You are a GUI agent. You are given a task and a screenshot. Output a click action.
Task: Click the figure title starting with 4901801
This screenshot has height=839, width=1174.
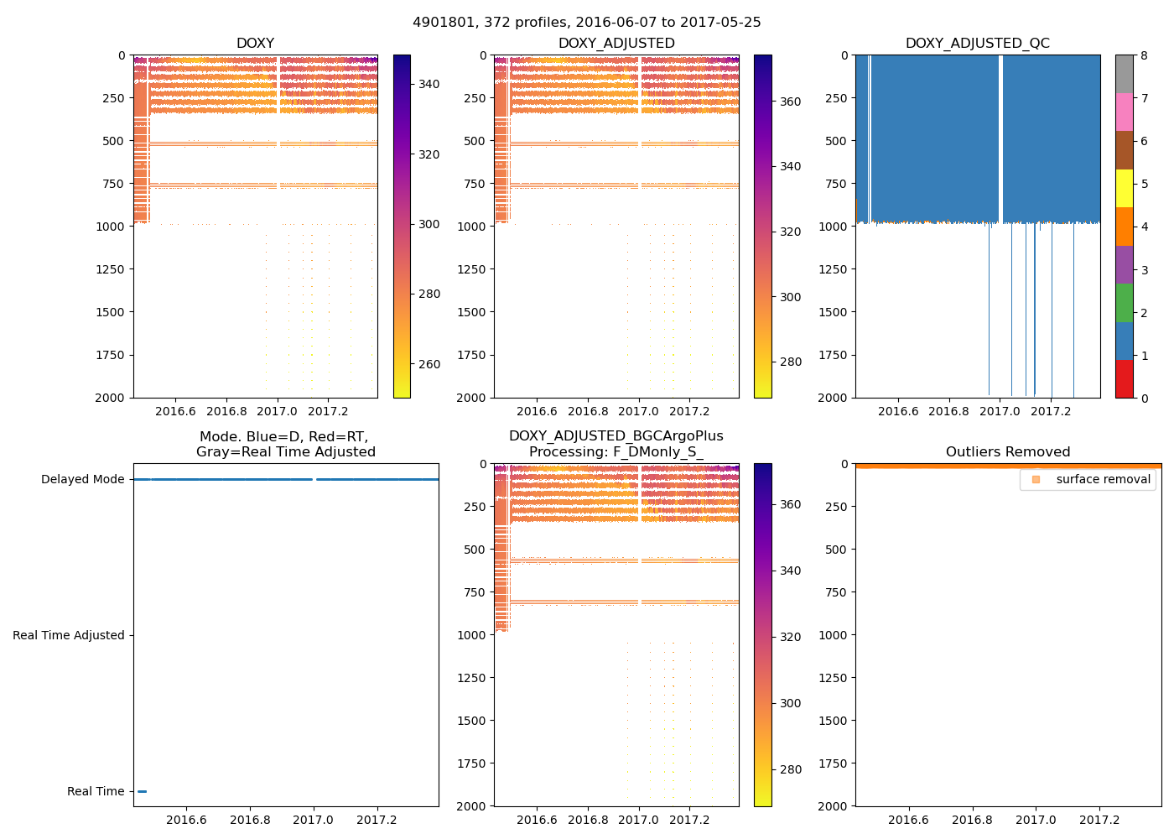587,23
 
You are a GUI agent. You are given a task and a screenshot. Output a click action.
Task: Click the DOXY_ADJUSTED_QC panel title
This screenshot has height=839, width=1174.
977,44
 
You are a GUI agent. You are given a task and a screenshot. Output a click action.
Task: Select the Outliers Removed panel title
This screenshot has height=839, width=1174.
1008,452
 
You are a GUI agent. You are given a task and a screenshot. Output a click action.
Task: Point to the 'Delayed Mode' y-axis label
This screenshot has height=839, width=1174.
82,479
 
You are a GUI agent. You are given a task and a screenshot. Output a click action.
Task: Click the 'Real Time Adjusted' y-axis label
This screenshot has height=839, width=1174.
69,635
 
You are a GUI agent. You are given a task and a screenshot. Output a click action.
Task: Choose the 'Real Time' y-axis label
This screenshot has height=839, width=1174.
96,791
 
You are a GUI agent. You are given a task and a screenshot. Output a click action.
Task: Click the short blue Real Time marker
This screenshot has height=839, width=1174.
142,791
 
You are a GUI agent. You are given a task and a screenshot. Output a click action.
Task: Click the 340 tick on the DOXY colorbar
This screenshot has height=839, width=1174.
429,84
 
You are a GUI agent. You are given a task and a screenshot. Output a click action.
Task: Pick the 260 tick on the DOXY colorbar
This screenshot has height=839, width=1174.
429,364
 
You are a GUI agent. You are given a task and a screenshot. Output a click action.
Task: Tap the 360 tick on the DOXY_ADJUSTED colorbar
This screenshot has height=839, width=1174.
790,102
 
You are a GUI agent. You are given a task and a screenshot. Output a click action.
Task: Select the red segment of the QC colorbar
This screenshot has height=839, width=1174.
1124,378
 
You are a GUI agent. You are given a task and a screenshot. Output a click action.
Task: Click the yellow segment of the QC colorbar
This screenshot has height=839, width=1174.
1124,188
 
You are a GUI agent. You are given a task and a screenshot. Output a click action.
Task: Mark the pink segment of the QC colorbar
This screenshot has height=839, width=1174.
1124,112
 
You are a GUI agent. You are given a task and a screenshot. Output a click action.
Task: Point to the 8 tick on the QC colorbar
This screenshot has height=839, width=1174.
1144,55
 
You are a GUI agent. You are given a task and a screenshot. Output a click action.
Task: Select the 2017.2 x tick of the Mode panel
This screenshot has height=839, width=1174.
377,820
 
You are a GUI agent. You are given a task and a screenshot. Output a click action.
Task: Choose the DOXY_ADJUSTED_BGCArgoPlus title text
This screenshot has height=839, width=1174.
616,436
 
